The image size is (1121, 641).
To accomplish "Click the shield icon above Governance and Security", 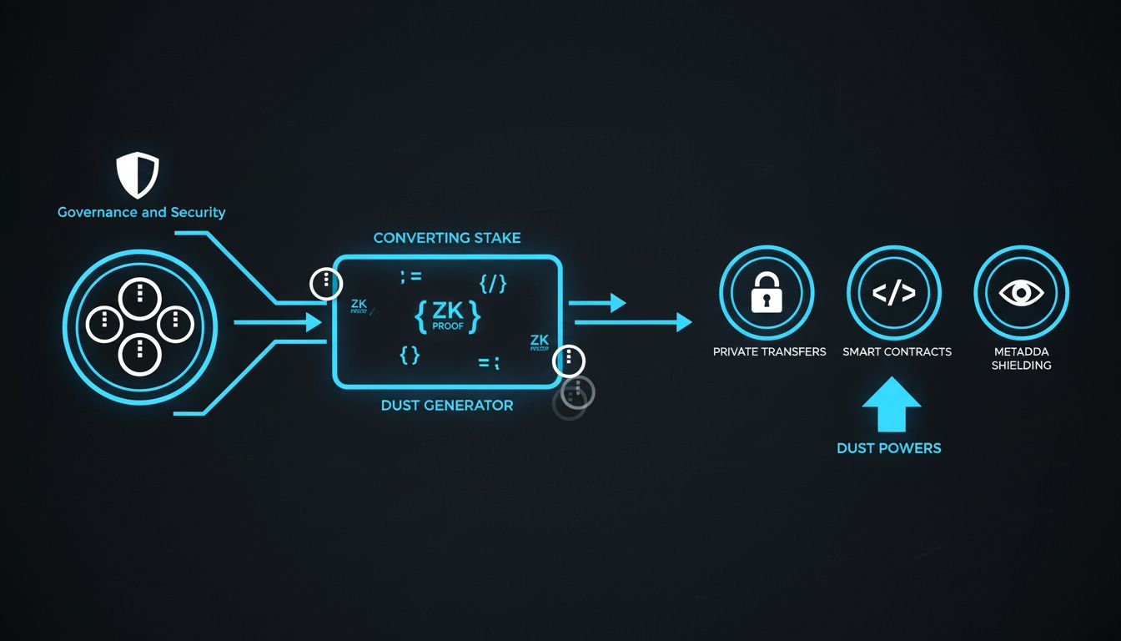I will click(138, 174).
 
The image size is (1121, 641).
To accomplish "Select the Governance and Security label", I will click(141, 212).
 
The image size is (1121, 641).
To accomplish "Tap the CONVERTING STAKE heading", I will click(447, 238).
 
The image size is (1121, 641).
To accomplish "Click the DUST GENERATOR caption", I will click(447, 406).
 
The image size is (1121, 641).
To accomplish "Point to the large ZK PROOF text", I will click(447, 315).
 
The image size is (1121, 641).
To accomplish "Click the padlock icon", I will click(766, 293).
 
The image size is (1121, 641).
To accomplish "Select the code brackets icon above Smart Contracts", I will click(893, 293).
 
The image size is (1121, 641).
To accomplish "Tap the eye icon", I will click(1021, 293).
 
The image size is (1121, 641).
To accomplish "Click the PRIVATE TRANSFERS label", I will click(769, 352).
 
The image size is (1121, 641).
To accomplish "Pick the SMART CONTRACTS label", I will click(897, 352).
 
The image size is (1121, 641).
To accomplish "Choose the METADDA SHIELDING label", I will click(1021, 358).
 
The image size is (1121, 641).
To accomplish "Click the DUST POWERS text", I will click(888, 448).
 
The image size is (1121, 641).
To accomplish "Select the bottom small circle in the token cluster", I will click(139, 353).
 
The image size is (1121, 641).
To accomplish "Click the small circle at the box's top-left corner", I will click(326, 284).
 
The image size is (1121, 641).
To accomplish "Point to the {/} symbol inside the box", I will click(493, 284).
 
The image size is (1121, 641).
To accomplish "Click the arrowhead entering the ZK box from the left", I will click(314, 322).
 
